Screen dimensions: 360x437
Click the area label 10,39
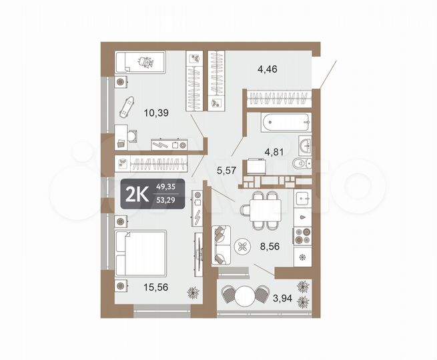[156, 113]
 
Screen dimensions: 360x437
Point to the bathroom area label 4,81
[274, 151]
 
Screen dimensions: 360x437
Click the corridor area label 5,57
[228, 171]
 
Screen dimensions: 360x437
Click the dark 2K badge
[152, 194]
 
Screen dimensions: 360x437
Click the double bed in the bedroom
[140, 253]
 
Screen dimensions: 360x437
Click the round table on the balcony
[247, 295]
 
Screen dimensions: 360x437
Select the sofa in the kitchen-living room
[220, 245]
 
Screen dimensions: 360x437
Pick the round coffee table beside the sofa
[242, 249]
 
